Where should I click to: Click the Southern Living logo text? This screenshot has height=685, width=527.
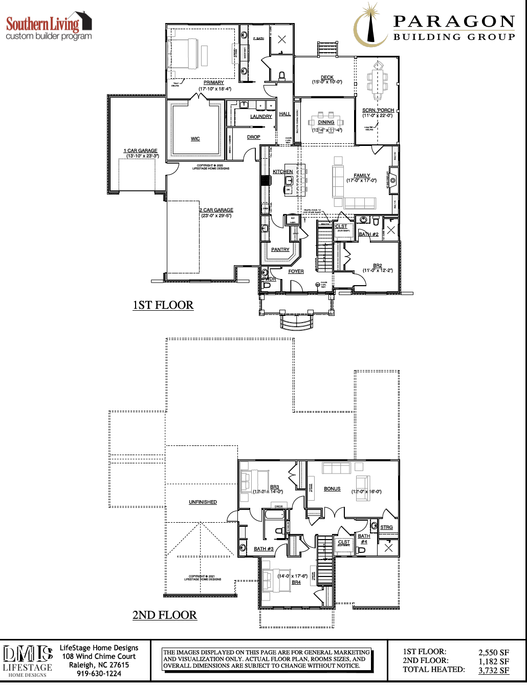pyautogui.click(x=43, y=24)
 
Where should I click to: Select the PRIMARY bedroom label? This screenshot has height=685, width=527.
pyautogui.click(x=213, y=82)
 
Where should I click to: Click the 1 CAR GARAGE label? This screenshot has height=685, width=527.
pyautogui.click(x=140, y=151)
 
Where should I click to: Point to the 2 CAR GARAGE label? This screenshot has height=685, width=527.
pyautogui.click(x=216, y=210)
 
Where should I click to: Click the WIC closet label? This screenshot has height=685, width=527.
pyautogui.click(x=195, y=139)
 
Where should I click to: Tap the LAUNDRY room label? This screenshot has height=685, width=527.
pyautogui.click(x=261, y=117)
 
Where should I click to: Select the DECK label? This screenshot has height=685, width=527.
pyautogui.click(x=327, y=77)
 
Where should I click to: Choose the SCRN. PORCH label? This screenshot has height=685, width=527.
pyautogui.click(x=378, y=110)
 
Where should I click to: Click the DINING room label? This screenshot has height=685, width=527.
pyautogui.click(x=326, y=122)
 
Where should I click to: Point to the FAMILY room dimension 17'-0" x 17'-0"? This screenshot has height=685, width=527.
pyautogui.click(x=361, y=181)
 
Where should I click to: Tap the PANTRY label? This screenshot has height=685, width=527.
pyautogui.click(x=280, y=250)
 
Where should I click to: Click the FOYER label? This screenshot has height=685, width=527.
pyautogui.click(x=296, y=271)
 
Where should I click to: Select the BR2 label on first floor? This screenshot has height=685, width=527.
pyautogui.click(x=377, y=266)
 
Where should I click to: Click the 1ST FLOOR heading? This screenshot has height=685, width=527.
pyautogui.click(x=163, y=305)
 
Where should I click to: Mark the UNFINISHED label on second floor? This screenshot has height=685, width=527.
pyautogui.click(x=203, y=502)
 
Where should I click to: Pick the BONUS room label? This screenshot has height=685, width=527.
pyautogui.click(x=332, y=489)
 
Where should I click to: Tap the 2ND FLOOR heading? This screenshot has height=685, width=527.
pyautogui.click(x=164, y=615)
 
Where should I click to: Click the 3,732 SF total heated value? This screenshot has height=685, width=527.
pyautogui.click(x=494, y=670)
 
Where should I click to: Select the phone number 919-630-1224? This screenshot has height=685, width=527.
pyautogui.click(x=99, y=674)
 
